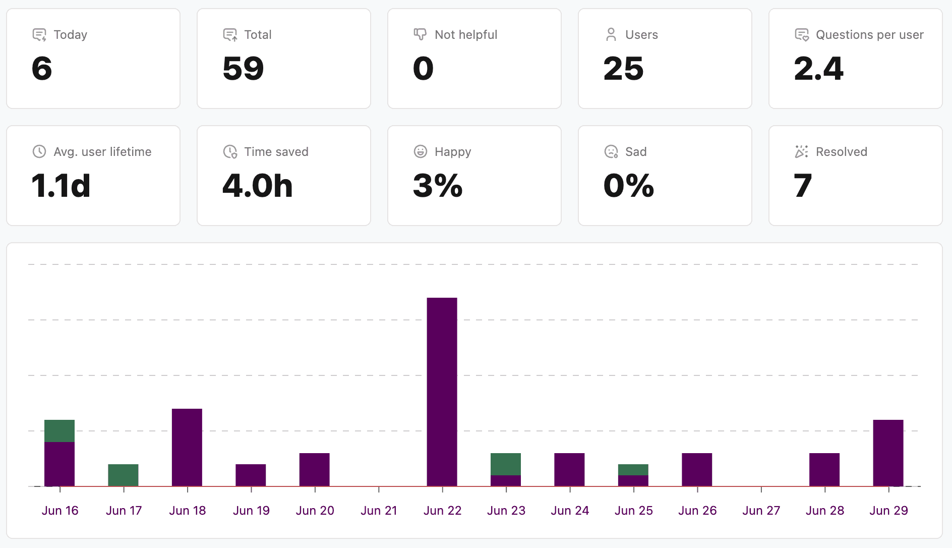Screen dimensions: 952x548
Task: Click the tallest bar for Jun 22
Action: (x=442, y=392)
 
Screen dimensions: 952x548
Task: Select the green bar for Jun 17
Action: (x=123, y=475)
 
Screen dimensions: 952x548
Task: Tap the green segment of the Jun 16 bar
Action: (x=59, y=431)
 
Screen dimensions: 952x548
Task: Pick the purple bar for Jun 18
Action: (x=187, y=447)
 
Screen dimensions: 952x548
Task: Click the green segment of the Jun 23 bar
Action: (x=506, y=464)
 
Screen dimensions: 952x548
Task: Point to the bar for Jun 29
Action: (x=888, y=453)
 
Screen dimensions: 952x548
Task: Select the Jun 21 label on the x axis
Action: (x=379, y=511)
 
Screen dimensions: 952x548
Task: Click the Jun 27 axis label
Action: (x=761, y=511)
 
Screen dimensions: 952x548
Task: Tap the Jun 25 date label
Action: (x=634, y=511)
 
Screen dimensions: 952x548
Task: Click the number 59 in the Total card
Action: (x=243, y=69)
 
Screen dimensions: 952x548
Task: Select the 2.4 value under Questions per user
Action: (x=818, y=69)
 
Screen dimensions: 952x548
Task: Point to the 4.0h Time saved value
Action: (x=258, y=186)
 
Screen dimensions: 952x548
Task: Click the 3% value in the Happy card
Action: (x=438, y=186)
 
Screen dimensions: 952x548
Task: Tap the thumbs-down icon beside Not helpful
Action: (x=420, y=34)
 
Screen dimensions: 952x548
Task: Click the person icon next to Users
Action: (x=611, y=34)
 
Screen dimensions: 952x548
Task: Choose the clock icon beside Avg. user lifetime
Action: (x=39, y=151)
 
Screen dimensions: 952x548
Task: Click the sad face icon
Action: (x=611, y=151)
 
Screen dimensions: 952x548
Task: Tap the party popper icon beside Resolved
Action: (x=802, y=151)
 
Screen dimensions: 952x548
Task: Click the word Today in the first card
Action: (x=71, y=35)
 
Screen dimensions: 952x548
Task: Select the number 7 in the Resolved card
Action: (x=803, y=186)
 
